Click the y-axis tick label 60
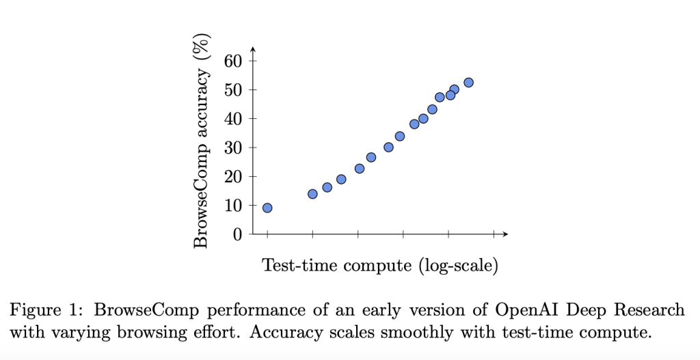(234, 61)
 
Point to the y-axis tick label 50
(234, 89)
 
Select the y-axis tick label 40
(234, 119)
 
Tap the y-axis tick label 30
(234, 148)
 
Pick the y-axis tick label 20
(234, 177)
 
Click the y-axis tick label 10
(234, 206)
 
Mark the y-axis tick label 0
(238, 234)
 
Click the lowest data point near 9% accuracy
(267, 208)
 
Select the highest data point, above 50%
(468, 83)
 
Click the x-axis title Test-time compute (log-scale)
(380, 265)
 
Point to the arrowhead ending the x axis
(505, 234)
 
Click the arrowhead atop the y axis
(253, 49)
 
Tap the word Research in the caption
(649, 309)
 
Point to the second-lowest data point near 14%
(312, 194)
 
